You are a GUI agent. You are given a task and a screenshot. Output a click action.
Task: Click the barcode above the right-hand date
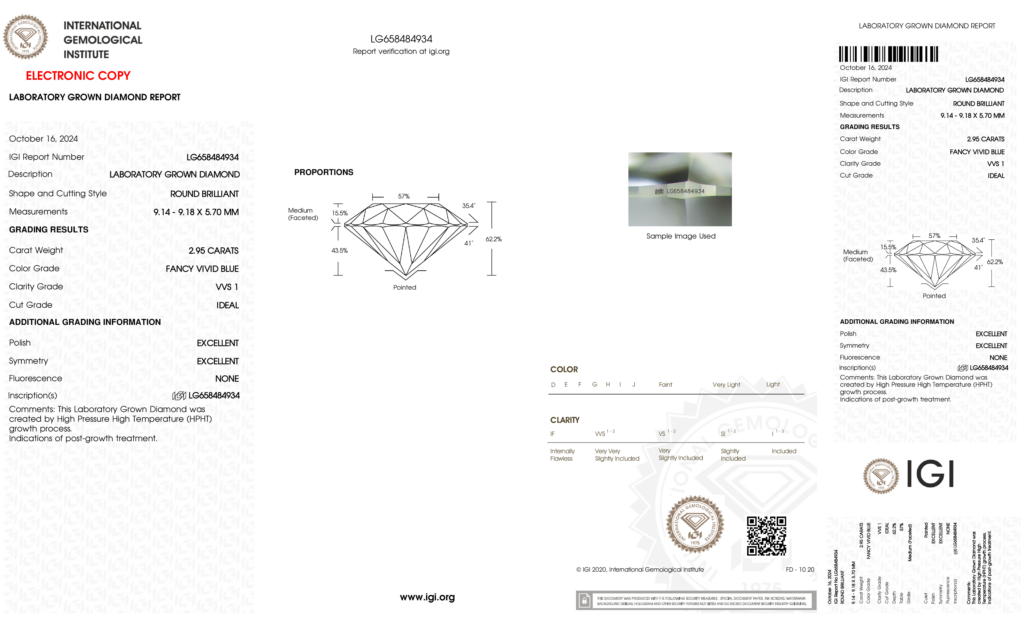point(888,54)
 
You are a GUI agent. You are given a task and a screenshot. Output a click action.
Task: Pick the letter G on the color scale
point(594,385)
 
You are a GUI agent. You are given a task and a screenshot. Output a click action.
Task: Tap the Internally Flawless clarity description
point(562,455)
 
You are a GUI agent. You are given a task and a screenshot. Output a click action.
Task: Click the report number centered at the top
point(401,39)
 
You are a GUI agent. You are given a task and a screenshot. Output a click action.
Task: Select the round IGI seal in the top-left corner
point(26,37)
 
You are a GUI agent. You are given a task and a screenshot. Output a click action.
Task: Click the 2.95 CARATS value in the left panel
point(213,251)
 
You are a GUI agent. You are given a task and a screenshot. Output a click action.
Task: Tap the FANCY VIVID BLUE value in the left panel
point(202,269)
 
